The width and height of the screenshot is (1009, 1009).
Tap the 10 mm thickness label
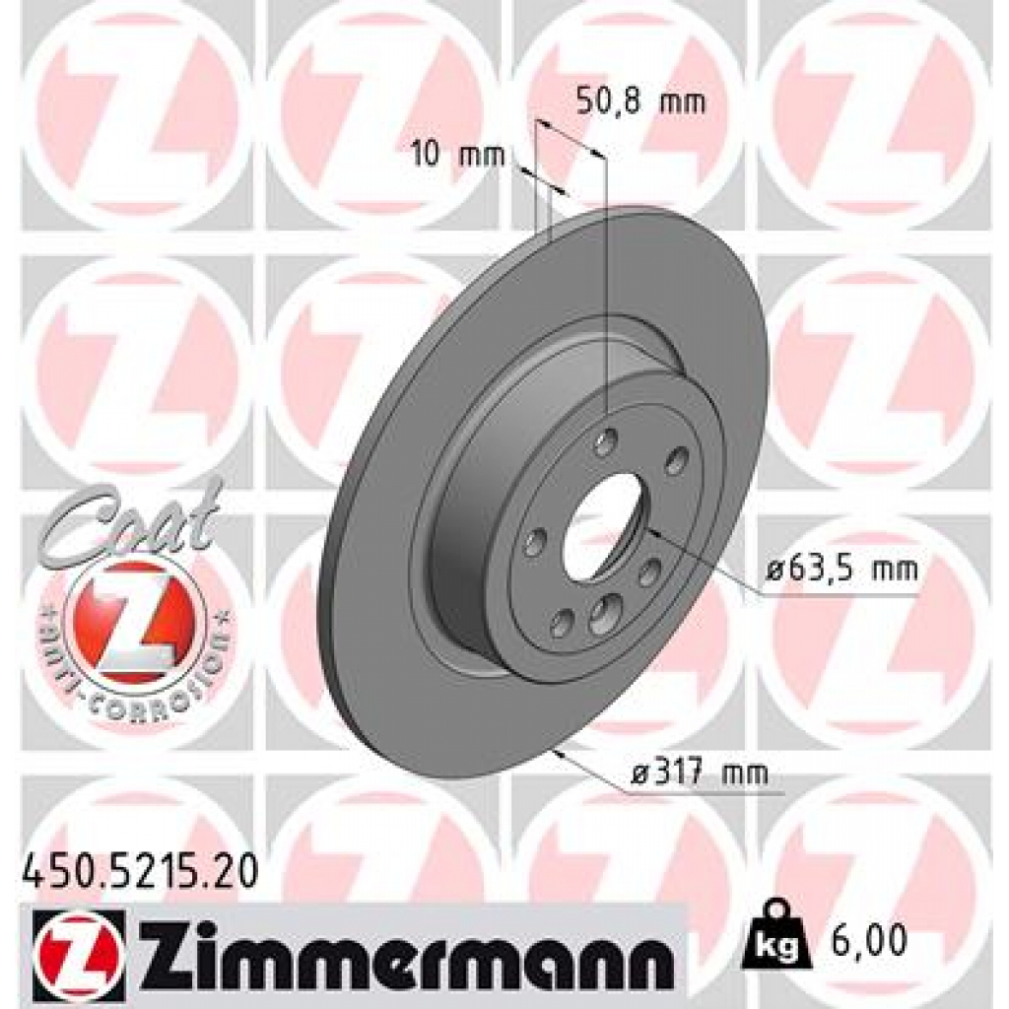(x=457, y=154)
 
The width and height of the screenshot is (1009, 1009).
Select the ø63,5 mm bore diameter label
(x=841, y=569)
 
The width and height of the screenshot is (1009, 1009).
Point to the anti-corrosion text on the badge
(x=138, y=680)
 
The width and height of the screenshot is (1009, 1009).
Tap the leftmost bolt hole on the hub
(x=537, y=541)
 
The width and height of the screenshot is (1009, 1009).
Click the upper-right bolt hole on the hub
(x=677, y=459)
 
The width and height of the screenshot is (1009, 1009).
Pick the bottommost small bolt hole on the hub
(x=563, y=621)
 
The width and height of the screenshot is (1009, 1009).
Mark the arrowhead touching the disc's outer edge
(x=561, y=754)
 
